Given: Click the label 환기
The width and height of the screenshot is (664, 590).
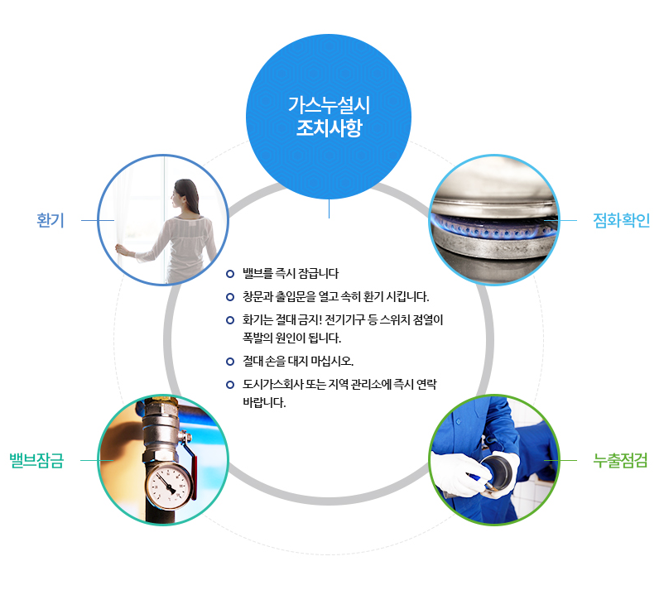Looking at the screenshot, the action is pyautogui.click(x=51, y=220).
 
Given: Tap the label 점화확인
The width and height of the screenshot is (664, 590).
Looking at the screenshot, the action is pyautogui.click(x=622, y=220).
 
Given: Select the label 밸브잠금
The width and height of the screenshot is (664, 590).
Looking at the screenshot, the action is pyautogui.click(x=36, y=460).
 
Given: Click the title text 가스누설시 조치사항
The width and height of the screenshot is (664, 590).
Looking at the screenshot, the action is pyautogui.click(x=329, y=117).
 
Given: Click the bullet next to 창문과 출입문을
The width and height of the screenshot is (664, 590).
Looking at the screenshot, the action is pyautogui.click(x=230, y=296).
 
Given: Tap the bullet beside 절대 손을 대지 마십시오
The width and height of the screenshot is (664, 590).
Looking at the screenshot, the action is pyautogui.click(x=230, y=362).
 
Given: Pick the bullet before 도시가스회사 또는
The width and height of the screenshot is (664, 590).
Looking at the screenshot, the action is pyautogui.click(x=230, y=385).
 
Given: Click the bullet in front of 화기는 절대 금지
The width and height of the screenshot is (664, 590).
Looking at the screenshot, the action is pyautogui.click(x=230, y=319).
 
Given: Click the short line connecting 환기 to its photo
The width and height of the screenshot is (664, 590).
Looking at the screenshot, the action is pyautogui.click(x=96, y=220).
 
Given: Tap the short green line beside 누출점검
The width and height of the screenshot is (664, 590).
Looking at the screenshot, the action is pyautogui.click(x=561, y=460).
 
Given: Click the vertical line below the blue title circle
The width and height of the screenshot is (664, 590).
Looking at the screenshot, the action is pyautogui.click(x=329, y=209).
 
